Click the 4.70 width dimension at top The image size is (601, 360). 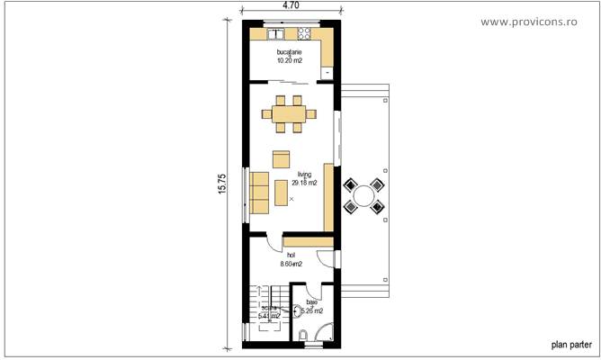291,5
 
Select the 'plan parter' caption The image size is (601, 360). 570,344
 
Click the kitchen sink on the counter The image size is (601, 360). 276,35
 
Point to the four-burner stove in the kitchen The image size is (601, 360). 305,35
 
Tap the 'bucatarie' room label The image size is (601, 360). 290,53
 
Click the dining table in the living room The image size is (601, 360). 290,113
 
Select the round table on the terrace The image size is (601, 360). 366,194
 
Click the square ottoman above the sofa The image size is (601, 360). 282,159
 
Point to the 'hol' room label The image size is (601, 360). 291,256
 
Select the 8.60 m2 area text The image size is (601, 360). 291,265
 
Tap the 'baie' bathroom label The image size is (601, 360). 311,302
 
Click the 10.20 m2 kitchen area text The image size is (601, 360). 290,61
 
